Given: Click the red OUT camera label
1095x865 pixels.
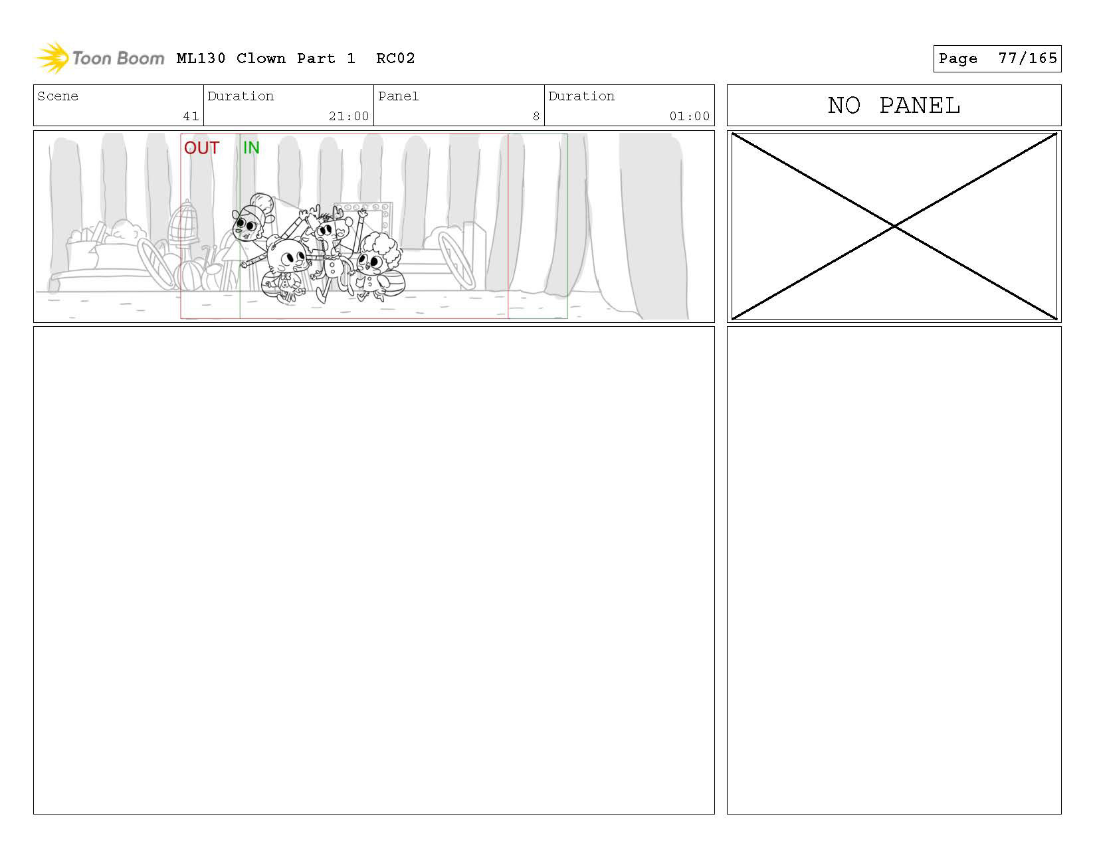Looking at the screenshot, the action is pyautogui.click(x=201, y=147).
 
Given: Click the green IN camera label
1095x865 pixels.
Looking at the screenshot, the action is pyautogui.click(x=251, y=147).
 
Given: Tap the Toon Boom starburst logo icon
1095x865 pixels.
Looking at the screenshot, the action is pyautogui.click(x=52, y=58).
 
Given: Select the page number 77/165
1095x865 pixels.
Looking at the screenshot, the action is pyautogui.click(x=1027, y=58).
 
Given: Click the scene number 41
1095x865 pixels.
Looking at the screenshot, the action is pyautogui.click(x=191, y=116).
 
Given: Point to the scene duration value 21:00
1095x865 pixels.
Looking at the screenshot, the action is pyautogui.click(x=349, y=116).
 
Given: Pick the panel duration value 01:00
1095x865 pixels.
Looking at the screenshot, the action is pyautogui.click(x=690, y=116).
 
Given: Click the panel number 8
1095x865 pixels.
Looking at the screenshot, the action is pyautogui.click(x=536, y=116).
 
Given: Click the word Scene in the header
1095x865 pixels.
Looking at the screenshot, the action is pyautogui.click(x=58, y=96).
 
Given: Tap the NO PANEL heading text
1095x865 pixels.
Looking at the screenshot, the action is pyautogui.click(x=894, y=105).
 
